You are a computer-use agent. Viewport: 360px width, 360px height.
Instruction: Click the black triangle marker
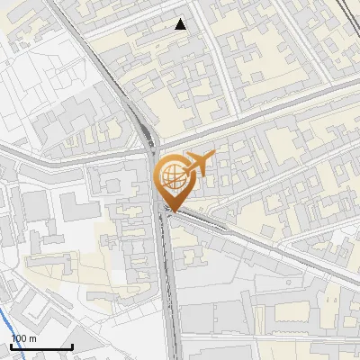click(x=181, y=24)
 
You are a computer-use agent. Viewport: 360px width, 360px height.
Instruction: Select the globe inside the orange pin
click(x=170, y=174)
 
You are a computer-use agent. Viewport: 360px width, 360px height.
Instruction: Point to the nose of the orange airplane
click(x=214, y=155)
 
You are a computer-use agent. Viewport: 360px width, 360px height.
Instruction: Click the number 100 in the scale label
click(x=17, y=338)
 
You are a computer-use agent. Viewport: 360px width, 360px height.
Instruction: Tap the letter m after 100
click(x=31, y=338)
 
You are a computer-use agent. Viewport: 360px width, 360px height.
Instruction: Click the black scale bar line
click(x=41, y=346)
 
